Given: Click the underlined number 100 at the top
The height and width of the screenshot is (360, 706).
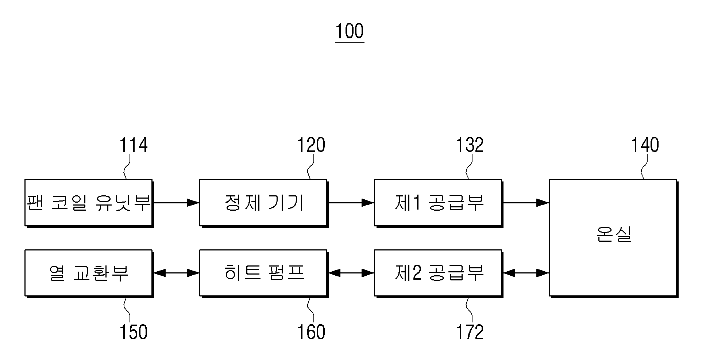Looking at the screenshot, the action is tap(350, 31).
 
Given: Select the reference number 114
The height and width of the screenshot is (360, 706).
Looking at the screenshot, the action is tap(134, 145).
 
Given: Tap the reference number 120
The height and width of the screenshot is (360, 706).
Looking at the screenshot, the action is tap(311, 145).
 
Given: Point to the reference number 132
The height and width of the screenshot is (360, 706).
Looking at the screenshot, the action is tap(470, 145).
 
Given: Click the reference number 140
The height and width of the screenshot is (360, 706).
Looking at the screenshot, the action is tap(645, 145).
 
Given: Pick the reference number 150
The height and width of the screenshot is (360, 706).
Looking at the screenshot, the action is tap(134, 332).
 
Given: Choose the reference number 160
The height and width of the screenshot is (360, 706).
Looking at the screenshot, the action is tap(311, 332).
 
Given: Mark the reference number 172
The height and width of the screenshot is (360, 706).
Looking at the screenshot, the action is tap(470, 332).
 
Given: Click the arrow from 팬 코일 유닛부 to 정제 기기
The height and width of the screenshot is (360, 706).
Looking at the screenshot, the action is tap(176, 203).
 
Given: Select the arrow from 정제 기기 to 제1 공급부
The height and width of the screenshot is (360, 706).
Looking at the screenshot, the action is tap(351, 203).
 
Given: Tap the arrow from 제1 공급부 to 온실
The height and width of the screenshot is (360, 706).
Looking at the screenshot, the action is tap(525, 203).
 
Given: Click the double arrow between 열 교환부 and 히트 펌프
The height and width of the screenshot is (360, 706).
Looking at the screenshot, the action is tap(176, 273).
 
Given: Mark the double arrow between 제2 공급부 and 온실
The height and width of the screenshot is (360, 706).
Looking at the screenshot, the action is tap(525, 273).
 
